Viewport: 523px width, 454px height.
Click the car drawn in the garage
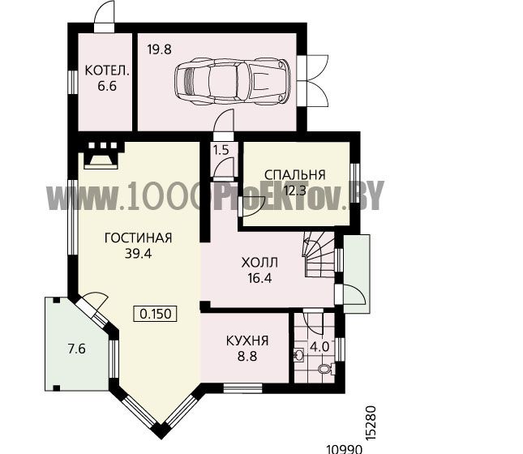(233, 81)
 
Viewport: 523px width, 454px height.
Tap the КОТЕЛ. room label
(107, 71)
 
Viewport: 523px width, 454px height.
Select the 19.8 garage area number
(160, 49)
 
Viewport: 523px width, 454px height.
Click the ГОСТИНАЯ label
(138, 238)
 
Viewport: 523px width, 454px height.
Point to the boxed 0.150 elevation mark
(155, 314)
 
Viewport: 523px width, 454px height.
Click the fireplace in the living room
(101, 155)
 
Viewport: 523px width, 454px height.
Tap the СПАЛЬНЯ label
(295, 175)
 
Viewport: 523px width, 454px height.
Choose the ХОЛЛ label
(259, 263)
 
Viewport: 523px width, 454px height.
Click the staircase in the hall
(319, 254)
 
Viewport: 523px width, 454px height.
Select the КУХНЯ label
(247, 341)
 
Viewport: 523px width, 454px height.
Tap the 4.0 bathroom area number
(319, 347)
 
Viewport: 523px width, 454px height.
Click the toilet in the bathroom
(326, 369)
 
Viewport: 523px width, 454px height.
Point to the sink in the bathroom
(299, 355)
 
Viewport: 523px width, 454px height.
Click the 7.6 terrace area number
(77, 349)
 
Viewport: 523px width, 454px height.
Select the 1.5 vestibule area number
(221, 151)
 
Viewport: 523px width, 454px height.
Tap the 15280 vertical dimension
(371, 423)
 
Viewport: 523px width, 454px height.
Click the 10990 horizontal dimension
(344, 449)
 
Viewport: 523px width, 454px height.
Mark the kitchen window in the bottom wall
(242, 388)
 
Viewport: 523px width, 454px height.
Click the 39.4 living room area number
(138, 254)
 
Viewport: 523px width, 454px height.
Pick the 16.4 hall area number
(259, 278)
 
